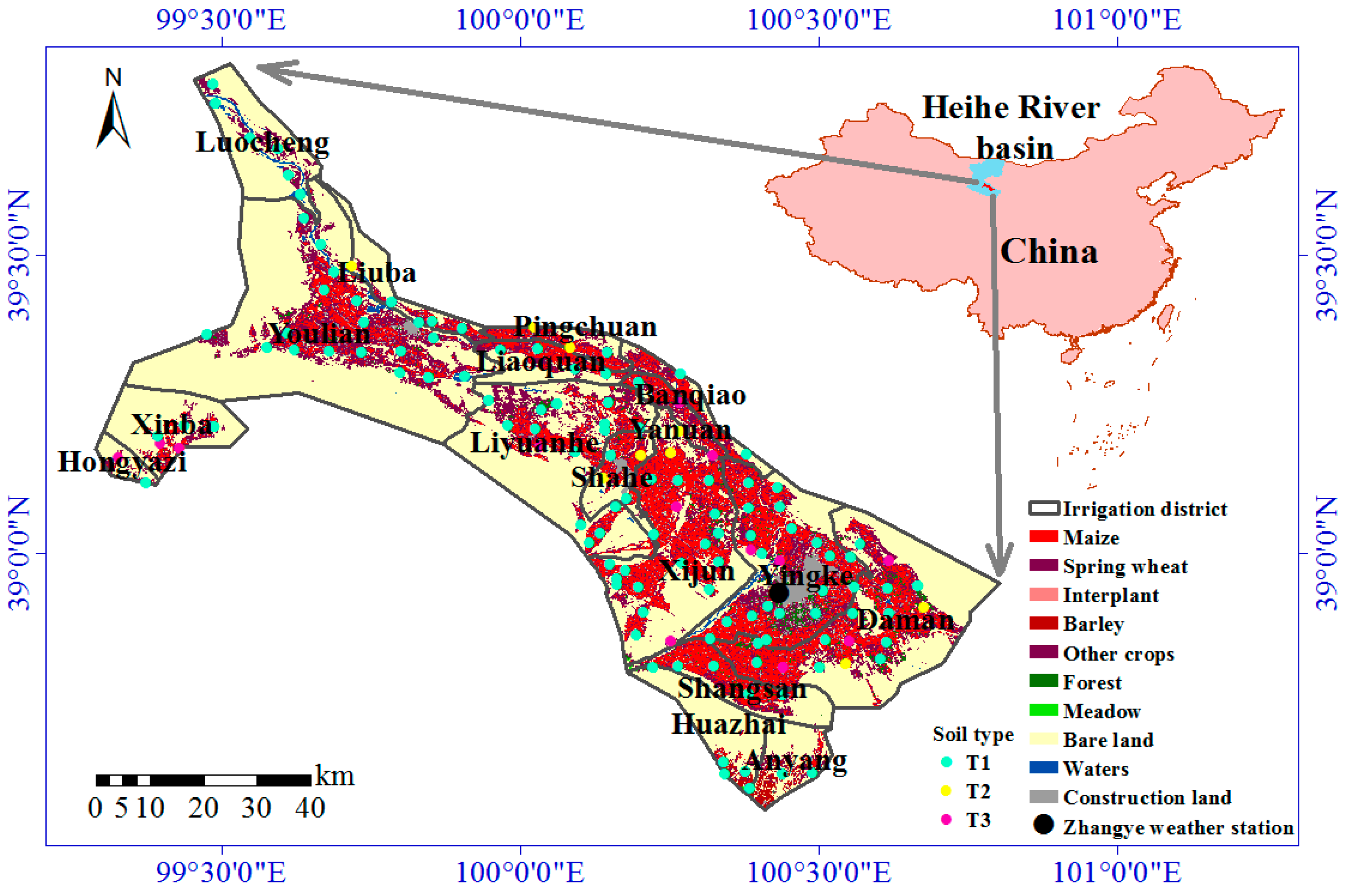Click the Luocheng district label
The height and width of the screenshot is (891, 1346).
pos(262,142)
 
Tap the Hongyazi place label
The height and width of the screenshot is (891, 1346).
pos(122,461)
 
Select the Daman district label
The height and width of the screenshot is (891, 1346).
pos(905,620)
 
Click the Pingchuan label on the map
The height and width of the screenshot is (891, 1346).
pos(585,327)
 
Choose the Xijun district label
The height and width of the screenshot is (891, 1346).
pos(698,571)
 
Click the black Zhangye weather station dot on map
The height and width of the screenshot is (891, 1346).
pos(778,593)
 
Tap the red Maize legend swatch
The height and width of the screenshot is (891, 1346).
pos(1043,536)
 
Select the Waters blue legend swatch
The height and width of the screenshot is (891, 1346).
pos(1043,768)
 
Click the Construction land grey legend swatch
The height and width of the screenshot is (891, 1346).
pos(1043,797)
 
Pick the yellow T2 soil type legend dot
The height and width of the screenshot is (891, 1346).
pos(946,790)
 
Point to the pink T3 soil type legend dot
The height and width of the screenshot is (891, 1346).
pos(946,820)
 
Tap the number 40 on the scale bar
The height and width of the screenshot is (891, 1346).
pos(310,808)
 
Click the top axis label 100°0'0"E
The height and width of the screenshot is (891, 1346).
pos(520,21)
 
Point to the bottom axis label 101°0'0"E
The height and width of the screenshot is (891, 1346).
pos(1117,872)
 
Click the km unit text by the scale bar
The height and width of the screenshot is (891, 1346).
pos(335,776)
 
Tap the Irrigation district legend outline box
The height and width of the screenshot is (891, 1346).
pos(1044,508)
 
